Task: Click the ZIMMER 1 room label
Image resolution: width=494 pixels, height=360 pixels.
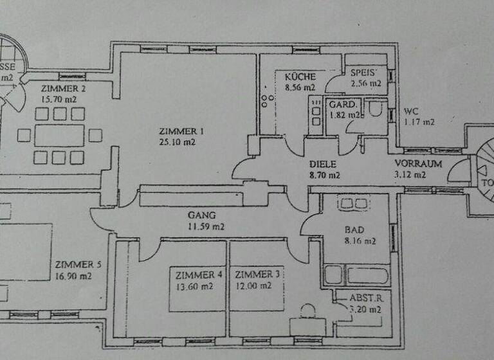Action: pyautogui.click(x=177, y=131)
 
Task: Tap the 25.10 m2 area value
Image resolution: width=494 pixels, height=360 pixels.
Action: pyautogui.click(x=177, y=142)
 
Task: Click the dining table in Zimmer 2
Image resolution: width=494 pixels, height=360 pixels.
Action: pyautogui.click(x=59, y=136)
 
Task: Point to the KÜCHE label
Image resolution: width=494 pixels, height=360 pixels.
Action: pyautogui.click(x=300, y=76)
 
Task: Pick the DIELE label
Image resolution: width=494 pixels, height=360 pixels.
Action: pyautogui.click(x=324, y=164)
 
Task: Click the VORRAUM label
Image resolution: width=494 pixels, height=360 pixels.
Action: pyautogui.click(x=418, y=164)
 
